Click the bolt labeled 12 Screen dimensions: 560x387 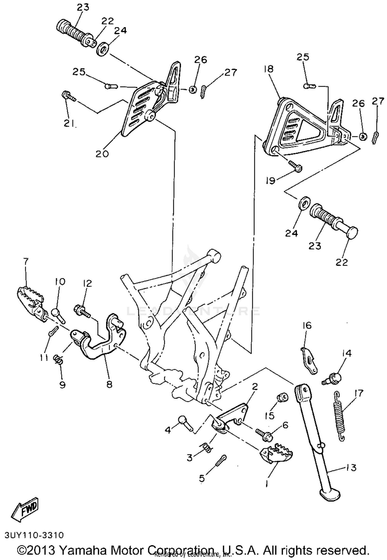click(82, 310)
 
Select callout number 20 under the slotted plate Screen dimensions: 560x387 click(102, 154)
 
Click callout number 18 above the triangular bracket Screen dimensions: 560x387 click(269, 69)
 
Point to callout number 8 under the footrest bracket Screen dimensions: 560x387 click(109, 385)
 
